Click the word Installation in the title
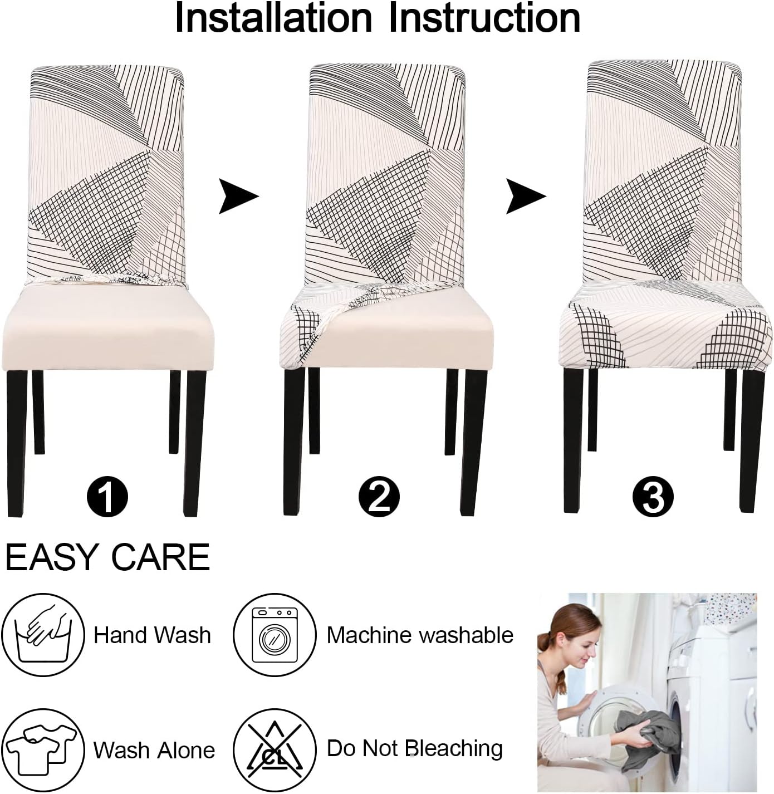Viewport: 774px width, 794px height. pos(273,18)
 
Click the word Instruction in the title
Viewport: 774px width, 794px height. pos(484,18)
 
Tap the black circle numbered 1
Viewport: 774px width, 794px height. pos(107,497)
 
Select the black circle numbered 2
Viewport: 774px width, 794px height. pos(379,497)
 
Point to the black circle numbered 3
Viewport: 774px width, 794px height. pos(653,497)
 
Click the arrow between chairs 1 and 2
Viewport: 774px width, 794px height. pos(238,196)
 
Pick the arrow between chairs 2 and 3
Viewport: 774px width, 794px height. pos(525,196)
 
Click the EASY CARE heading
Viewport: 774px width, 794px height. pos(107,557)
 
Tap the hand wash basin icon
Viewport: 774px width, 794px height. pos(43,635)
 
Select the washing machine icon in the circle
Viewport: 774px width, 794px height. pos(275,635)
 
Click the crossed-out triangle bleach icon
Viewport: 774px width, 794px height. pos(275,749)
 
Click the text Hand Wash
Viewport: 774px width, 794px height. pos(152,635)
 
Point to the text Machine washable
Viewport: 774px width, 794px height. pos(420,635)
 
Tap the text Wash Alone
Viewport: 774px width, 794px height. pos(154,750)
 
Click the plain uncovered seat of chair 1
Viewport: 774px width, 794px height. pos(109,326)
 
